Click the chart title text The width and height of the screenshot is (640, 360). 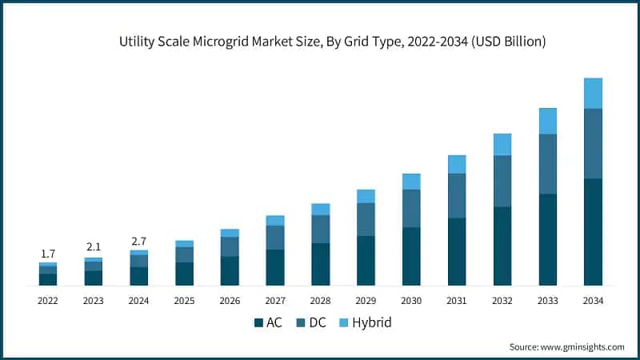pos(320,42)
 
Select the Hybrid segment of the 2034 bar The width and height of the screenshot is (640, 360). pos(593,93)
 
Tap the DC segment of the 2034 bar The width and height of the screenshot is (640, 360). pos(593,143)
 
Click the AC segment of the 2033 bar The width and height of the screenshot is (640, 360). pos(547,239)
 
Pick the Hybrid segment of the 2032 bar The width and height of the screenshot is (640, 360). pos(502,144)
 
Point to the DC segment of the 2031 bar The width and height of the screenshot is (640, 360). pos(457,195)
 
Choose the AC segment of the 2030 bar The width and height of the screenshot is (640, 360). pos(411,256)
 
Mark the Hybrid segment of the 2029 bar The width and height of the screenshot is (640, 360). pos(366,196)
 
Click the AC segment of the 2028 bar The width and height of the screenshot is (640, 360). pos(321,264)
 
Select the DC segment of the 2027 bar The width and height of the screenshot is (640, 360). pos(275,237)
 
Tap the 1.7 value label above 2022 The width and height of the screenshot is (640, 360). pos(48,254)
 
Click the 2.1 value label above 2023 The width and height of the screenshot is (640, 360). pos(94,247)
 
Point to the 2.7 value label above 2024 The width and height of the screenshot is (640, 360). pos(139,240)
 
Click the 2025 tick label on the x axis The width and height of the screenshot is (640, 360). pos(184,301)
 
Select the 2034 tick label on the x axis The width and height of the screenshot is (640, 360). pos(593,301)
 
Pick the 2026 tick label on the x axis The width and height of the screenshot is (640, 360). pos(230,301)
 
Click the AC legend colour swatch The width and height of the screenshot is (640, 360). pos(259,323)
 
